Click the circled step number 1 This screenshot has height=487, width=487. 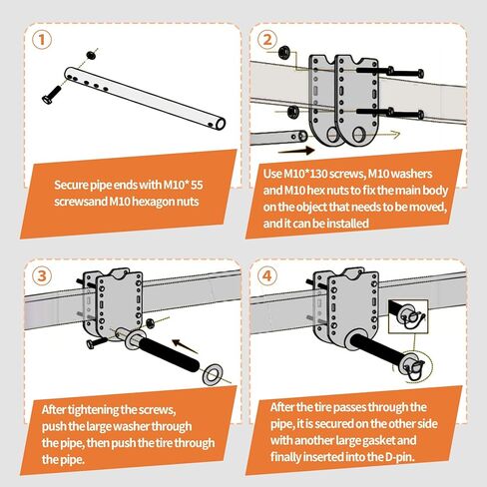42,40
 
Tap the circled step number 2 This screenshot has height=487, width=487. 266,40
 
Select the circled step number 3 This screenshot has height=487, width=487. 42,275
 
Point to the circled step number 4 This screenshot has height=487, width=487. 266,275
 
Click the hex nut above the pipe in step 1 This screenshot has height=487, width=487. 91,55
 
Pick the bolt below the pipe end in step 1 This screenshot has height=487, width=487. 52,95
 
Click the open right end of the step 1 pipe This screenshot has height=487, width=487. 221,124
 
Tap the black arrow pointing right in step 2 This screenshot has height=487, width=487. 295,151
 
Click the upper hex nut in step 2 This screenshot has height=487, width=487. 283,52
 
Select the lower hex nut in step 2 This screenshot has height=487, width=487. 292,110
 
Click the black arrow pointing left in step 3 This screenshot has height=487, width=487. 185,346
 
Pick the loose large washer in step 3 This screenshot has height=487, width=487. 213,374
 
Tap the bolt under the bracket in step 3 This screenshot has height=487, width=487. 96,343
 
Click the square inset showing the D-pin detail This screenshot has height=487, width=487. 408,316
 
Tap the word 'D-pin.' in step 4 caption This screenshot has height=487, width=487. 400,457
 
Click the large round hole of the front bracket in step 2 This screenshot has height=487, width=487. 358,135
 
